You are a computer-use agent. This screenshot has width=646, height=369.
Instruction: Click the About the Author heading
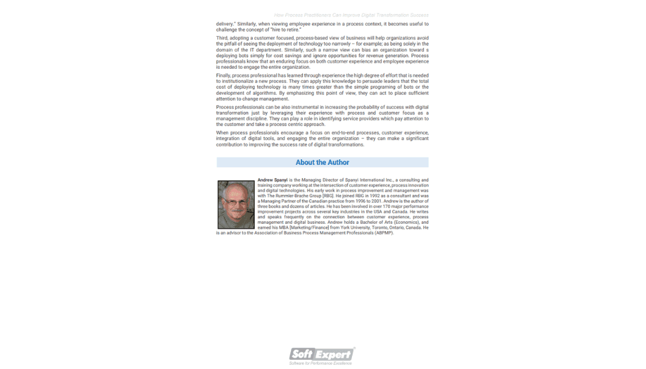322,162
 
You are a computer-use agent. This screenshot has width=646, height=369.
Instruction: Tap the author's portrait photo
236,205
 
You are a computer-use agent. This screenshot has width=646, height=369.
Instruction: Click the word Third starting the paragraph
221,38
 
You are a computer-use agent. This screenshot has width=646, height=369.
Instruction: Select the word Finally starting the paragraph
223,75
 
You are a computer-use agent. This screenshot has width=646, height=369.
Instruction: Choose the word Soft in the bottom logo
302,354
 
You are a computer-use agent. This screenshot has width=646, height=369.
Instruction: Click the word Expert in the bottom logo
335,354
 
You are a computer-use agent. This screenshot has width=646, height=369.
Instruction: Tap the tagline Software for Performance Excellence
321,363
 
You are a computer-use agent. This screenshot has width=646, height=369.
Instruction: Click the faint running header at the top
351,15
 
